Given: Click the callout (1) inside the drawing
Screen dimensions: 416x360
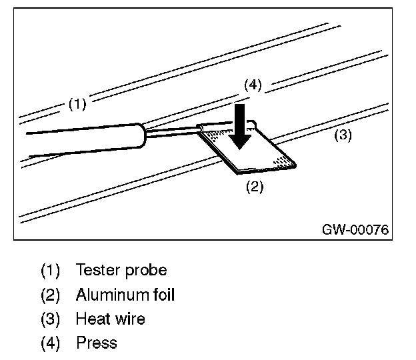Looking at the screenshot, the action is click(77, 104).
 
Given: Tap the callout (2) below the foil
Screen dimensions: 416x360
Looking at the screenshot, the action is click(255, 187).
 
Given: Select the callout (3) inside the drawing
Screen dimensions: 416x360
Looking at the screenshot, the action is click(343, 135).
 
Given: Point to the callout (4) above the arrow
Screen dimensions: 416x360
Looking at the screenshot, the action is click(253, 85).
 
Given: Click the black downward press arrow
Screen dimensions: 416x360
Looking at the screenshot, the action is click(240, 127).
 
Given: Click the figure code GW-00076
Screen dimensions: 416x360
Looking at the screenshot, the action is click(355, 229).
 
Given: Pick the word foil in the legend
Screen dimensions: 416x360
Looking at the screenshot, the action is click(164, 295).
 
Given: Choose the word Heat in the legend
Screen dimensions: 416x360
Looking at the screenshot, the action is click(93, 319).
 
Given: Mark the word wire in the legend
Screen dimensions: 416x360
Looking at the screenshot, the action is click(131, 319).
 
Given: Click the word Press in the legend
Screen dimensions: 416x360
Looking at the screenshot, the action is click(97, 343).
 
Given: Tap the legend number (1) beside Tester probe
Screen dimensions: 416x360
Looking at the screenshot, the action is click(51, 270).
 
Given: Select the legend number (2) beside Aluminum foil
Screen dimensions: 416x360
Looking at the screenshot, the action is click(51, 295).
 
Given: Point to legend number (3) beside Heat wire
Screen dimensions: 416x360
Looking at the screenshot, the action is click(51, 319).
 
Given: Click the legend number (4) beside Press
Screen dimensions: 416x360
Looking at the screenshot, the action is click(51, 343).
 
